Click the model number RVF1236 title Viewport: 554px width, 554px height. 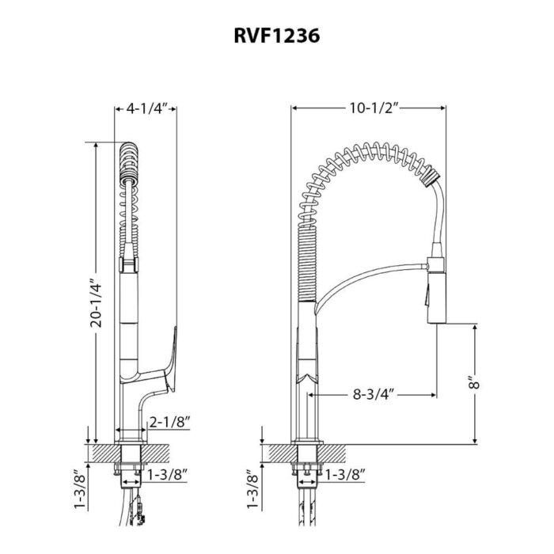tap(276, 37)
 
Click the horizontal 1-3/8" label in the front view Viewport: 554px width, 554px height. tap(167, 475)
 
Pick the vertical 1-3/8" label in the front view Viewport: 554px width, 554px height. tap(78, 490)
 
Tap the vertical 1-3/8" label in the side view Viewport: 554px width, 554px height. tap(252, 490)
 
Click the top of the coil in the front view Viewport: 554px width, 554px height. tap(129, 150)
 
